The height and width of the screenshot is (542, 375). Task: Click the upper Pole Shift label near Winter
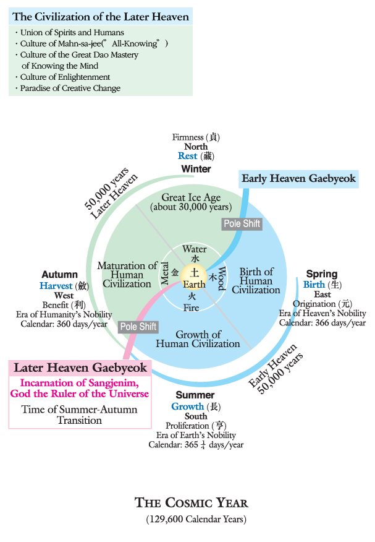[241, 223]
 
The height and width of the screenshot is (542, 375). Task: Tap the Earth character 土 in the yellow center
[195, 272]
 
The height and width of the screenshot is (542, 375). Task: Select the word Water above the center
[195, 249]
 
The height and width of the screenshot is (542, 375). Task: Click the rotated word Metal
[165, 272]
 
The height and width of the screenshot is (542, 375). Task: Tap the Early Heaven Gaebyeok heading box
[299, 179]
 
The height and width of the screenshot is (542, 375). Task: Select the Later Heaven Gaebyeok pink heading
[80, 368]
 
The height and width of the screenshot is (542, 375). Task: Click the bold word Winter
[196, 169]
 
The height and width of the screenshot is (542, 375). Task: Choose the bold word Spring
[321, 273]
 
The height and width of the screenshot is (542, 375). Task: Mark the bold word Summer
[195, 395]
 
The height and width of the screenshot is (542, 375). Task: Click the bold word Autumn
[60, 274]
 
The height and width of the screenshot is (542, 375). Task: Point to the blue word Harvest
[56, 285]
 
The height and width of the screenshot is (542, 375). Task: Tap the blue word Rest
[187, 156]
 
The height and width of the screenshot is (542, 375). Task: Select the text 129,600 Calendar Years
[196, 518]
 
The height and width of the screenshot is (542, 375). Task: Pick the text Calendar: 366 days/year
[322, 322]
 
